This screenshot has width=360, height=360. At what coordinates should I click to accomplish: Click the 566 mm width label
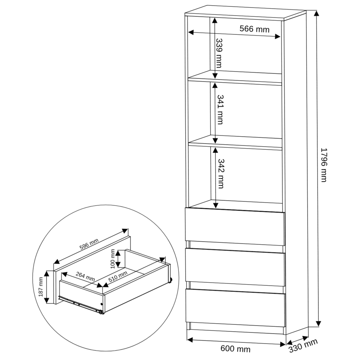pos(254,29)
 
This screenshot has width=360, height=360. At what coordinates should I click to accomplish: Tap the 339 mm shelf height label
pos(219,53)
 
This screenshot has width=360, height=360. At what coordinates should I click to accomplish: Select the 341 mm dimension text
pos(220,110)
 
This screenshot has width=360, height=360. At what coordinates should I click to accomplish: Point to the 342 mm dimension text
pos(221,174)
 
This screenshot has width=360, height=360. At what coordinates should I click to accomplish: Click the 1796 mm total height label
pos(323,165)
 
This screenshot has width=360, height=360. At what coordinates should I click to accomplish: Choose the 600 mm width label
pos(235,349)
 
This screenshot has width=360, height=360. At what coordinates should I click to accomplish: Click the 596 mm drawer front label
pos(89,244)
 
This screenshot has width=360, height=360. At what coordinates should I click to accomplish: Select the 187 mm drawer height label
pos(41,287)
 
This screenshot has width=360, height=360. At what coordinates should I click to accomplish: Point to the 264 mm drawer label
pos(85,276)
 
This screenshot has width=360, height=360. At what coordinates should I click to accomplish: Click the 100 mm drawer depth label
pos(113,259)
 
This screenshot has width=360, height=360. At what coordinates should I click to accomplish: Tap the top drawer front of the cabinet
pos(235,226)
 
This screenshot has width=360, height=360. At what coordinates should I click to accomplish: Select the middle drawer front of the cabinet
pos(235,267)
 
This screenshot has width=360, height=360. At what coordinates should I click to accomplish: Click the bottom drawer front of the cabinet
pos(236,308)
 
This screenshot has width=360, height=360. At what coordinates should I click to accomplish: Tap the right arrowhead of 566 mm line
pos(277,36)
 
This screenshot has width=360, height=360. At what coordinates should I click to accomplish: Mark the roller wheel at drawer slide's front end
pos(101,312)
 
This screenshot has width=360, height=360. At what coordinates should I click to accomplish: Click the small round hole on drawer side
pos(102,304)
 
